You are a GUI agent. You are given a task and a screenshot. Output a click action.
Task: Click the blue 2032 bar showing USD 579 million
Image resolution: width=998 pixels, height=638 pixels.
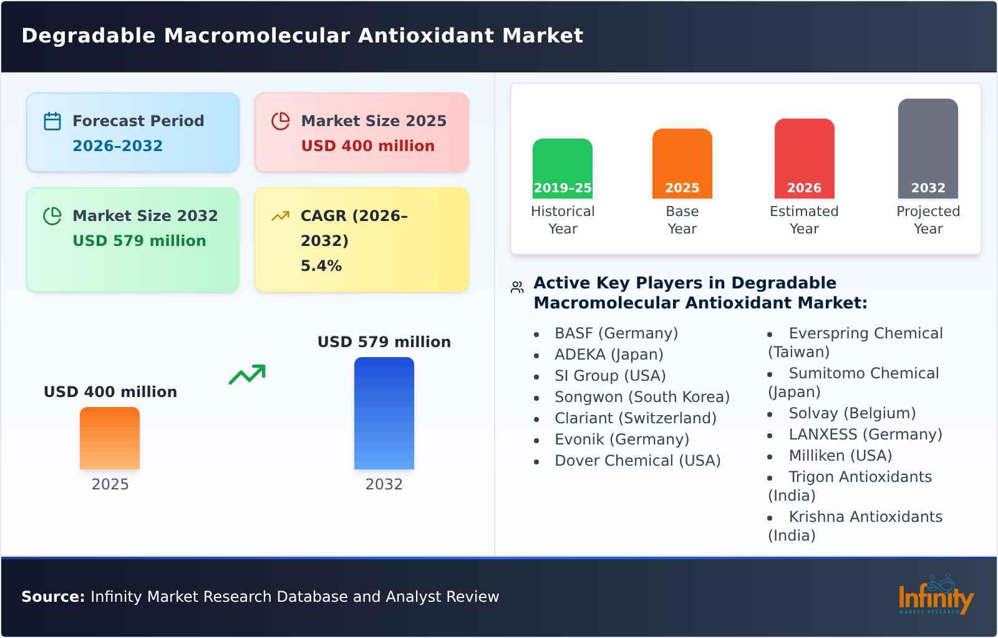(x=384, y=413)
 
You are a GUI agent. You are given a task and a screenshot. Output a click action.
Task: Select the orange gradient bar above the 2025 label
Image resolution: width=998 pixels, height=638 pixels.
(x=110, y=438)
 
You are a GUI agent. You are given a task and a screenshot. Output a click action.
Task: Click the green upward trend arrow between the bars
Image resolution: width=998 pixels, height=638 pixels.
(x=247, y=374)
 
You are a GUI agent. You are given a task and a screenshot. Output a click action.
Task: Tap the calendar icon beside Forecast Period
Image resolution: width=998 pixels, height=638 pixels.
(x=52, y=121)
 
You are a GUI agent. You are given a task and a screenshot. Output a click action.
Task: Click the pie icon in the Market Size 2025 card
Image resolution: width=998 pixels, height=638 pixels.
(x=281, y=121)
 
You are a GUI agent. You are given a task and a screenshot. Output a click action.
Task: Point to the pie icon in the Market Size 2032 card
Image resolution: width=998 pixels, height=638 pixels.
(x=52, y=216)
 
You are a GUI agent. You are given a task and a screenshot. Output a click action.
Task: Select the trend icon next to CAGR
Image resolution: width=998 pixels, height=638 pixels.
(x=281, y=216)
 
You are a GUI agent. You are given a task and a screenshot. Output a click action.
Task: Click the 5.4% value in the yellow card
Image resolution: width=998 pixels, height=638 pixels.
(x=321, y=266)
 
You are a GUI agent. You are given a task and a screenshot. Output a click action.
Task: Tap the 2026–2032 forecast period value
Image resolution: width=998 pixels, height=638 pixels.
(x=117, y=146)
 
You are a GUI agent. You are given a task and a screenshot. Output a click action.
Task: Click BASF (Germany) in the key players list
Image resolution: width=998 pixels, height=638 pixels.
(x=616, y=333)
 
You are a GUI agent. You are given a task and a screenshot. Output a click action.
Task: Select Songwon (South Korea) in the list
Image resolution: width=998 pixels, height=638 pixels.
(x=642, y=397)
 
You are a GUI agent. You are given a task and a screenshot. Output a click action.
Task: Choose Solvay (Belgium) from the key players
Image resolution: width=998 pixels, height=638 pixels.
(x=851, y=413)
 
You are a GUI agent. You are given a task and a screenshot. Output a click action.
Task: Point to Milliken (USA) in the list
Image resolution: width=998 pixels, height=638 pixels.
(x=840, y=456)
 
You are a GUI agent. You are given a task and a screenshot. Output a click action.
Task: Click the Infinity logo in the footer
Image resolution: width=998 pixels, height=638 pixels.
(x=936, y=596)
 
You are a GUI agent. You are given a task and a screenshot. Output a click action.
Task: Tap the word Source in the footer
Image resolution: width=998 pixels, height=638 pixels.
(x=52, y=597)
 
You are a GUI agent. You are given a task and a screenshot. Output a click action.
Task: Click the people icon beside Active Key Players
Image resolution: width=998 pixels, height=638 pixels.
(x=517, y=287)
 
